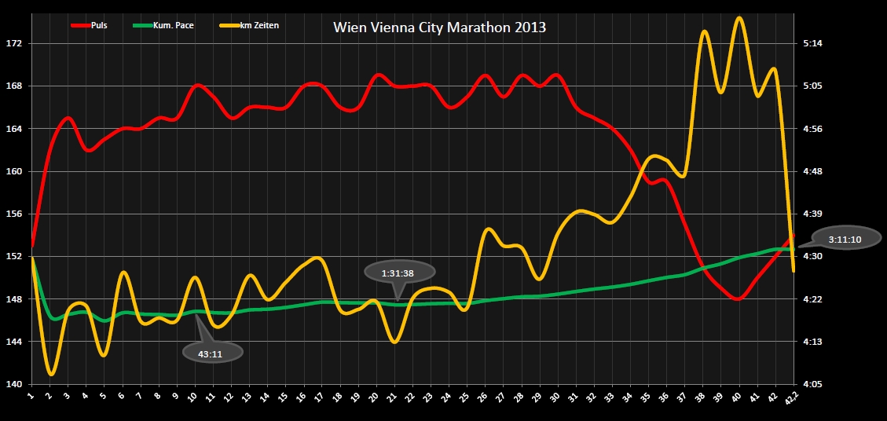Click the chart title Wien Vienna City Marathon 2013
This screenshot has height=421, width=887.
pos(439,27)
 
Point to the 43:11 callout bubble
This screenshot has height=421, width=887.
pos(211,353)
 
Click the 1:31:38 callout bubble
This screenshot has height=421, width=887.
pos(398,273)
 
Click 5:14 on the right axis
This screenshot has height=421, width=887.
pos(813,43)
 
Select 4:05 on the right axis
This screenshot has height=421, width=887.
pos(813,384)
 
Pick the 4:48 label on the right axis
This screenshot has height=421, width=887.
pos(813,171)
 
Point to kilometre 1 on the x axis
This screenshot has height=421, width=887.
pos(31,397)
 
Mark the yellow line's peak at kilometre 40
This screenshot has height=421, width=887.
pos(739,17)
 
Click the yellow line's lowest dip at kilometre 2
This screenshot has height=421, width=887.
pos(51,374)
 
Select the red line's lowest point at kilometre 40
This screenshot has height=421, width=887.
pos(737,299)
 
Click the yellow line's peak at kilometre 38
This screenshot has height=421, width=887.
pos(705,32)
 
